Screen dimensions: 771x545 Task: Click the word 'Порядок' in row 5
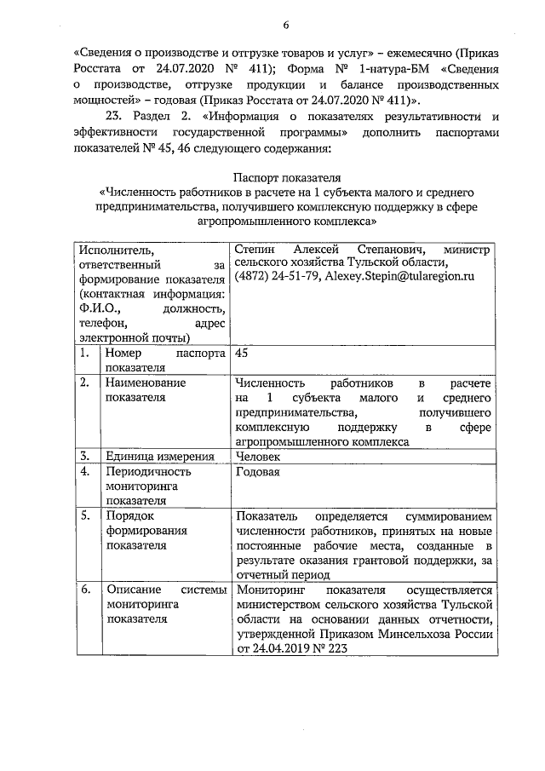(x=128, y=516)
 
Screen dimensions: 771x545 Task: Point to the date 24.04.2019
(x=282, y=650)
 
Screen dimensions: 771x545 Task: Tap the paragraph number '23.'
(x=114, y=116)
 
